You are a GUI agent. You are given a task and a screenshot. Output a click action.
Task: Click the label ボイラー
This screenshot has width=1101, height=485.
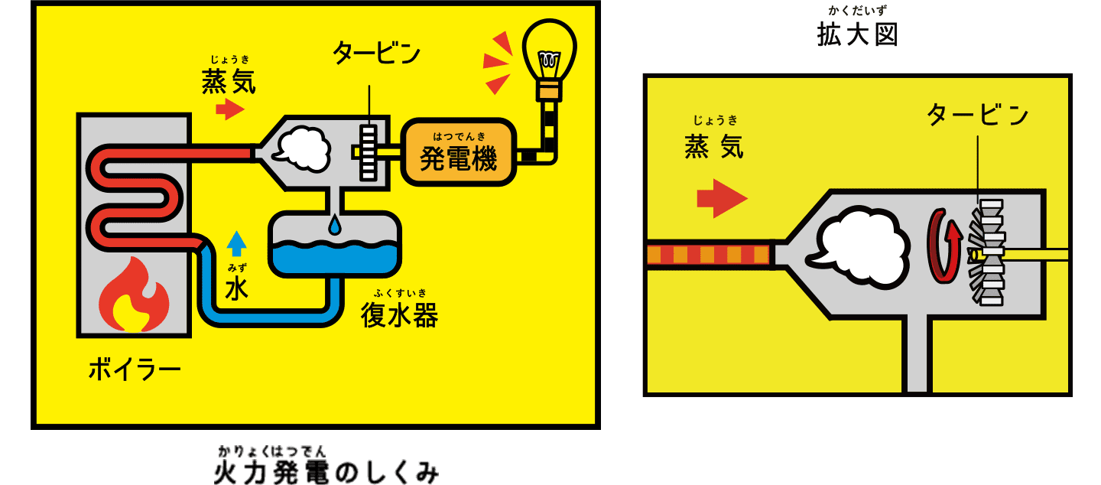point(135,370)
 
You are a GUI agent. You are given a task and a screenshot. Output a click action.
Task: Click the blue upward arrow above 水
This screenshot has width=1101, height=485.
point(237,244)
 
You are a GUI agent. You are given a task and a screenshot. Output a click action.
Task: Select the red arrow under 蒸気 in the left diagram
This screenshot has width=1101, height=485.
point(229,109)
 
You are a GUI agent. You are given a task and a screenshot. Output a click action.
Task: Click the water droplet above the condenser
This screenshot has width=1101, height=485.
point(334,225)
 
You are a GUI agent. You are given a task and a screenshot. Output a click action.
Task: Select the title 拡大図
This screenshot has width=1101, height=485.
point(857,35)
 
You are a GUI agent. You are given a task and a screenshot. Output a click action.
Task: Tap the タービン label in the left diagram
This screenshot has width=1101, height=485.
point(376,54)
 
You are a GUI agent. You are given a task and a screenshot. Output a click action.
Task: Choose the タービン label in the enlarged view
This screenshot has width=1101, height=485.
point(978,115)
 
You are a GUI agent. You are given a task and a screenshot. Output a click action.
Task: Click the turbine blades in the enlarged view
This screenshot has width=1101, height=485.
point(987,252)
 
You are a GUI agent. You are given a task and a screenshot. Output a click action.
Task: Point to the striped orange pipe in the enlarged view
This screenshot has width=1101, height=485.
point(707,253)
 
